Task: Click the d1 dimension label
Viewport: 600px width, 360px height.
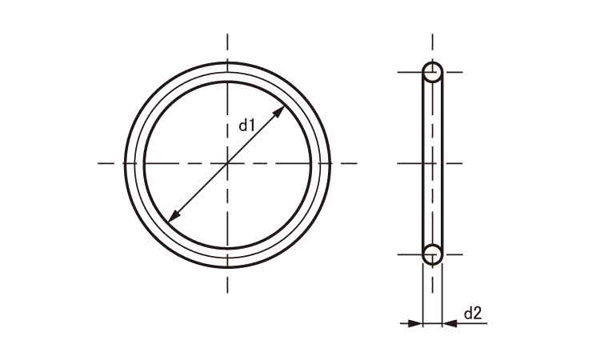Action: coord(246,125)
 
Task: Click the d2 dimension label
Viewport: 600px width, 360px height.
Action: coord(473,314)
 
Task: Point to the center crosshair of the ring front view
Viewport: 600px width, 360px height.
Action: coord(228,163)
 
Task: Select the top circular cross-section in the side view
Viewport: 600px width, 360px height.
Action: coord(432,73)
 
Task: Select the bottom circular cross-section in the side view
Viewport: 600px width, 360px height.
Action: coord(432,254)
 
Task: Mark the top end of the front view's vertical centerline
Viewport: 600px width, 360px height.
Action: coord(228,35)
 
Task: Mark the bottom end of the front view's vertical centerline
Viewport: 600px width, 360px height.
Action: coord(228,291)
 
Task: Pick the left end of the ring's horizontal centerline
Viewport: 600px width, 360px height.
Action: coord(99,163)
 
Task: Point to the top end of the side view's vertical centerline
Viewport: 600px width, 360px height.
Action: coord(432,35)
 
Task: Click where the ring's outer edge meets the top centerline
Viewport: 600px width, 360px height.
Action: coord(228,61)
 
